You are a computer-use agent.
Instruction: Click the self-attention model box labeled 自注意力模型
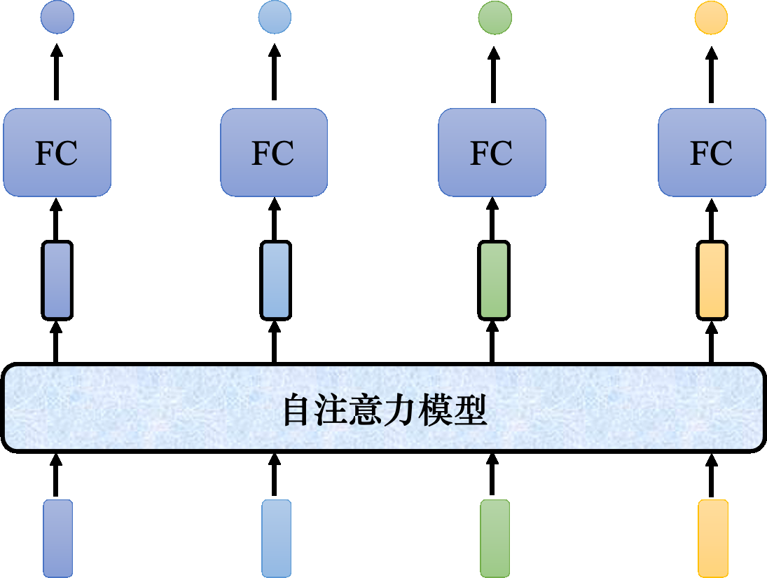click(x=383, y=408)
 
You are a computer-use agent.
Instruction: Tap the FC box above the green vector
click(x=492, y=152)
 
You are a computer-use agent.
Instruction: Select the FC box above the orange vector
click(x=712, y=152)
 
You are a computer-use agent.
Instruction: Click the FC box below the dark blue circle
click(x=57, y=152)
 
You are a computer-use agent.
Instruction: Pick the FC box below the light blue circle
click(x=274, y=152)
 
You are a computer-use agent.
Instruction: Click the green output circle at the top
click(x=495, y=18)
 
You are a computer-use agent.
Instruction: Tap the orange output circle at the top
click(x=711, y=18)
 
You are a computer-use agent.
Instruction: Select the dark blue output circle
click(x=57, y=18)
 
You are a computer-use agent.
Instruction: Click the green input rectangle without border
click(x=495, y=538)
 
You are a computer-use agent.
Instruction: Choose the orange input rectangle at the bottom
click(x=712, y=538)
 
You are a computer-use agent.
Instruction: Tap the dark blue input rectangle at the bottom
click(x=57, y=538)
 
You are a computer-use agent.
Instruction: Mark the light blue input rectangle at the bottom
click(x=276, y=538)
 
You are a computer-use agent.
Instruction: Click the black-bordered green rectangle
click(x=495, y=280)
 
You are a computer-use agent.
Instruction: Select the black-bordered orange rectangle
click(x=712, y=280)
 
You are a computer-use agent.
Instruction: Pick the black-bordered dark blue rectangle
click(x=57, y=280)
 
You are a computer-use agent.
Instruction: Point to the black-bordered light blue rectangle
click(x=275, y=280)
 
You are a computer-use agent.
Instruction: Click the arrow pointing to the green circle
click(x=495, y=74)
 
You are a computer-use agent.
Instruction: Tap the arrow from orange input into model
click(x=712, y=475)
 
